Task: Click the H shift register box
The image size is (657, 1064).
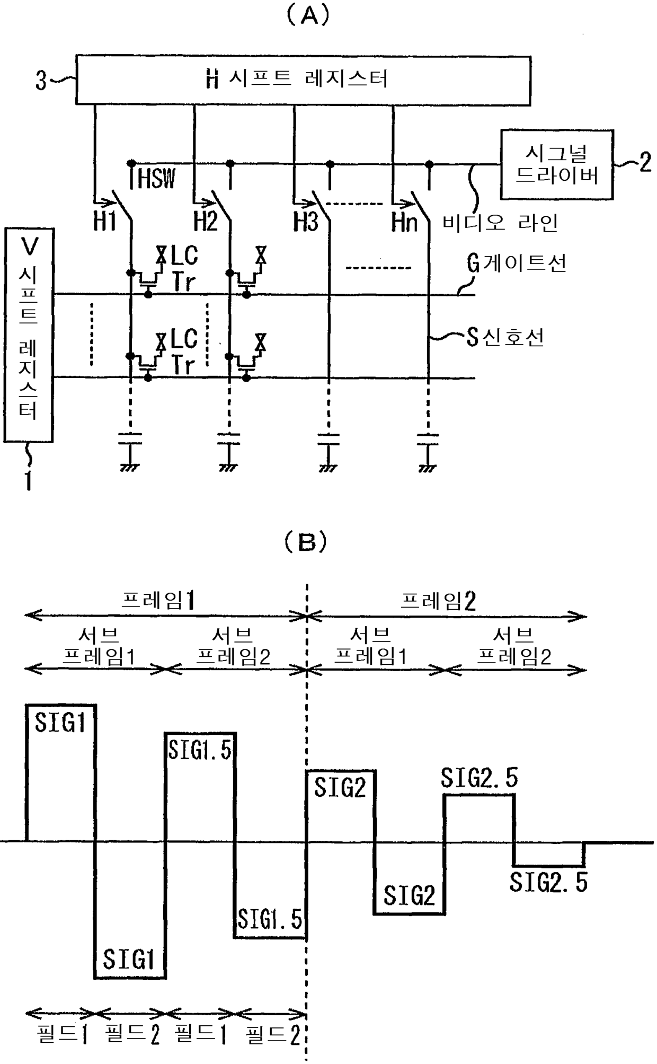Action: (303, 80)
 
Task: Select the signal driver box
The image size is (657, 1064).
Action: (556, 164)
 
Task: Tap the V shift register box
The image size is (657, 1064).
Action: (29, 335)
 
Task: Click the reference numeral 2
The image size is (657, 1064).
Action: (645, 161)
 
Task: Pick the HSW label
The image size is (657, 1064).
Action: (156, 179)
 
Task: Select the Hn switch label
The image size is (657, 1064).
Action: (404, 222)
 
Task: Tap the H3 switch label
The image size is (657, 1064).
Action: (305, 221)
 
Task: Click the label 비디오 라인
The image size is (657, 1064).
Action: (500, 223)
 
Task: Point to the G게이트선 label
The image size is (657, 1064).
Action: (517, 263)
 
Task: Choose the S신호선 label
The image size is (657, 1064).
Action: (505, 337)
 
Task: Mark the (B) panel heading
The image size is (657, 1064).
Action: (306, 542)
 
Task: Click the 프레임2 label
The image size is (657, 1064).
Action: (438, 600)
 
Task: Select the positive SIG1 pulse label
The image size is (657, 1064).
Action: (60, 722)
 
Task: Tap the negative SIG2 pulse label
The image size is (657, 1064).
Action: (409, 895)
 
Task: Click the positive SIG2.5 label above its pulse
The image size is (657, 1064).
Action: (479, 778)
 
